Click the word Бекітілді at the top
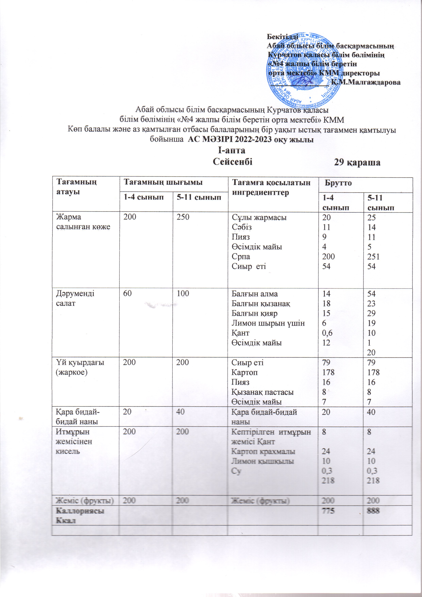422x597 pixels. point(283,37)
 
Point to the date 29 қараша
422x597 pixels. point(357,162)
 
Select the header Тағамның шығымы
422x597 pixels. point(163,183)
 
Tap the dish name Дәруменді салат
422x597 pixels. point(75,298)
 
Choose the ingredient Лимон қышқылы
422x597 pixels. point(263,461)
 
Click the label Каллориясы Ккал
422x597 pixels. point(80,515)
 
